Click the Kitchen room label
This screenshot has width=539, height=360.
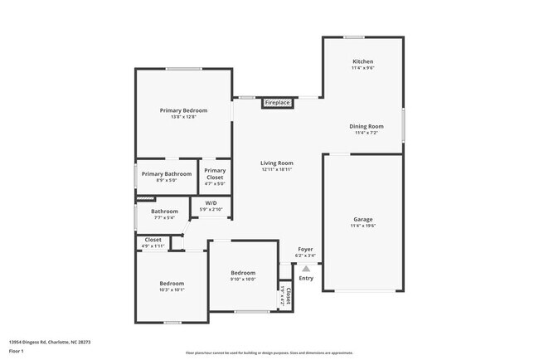pyautogui.click(x=362, y=61)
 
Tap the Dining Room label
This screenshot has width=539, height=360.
pyautogui.click(x=366, y=126)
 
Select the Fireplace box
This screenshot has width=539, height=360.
pyautogui.click(x=277, y=103)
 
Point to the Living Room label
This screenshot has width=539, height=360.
pyautogui.click(x=277, y=163)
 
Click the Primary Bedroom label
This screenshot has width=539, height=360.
pyautogui.click(x=183, y=110)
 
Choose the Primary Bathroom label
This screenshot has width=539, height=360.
pyautogui.click(x=166, y=173)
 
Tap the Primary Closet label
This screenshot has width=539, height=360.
pyautogui.click(x=215, y=174)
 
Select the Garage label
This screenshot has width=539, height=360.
pyautogui.click(x=362, y=219)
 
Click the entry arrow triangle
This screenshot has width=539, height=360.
pyautogui.click(x=306, y=268)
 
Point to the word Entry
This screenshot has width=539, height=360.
pyautogui.click(x=306, y=278)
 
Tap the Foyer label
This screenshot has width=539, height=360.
pyautogui.click(x=306, y=248)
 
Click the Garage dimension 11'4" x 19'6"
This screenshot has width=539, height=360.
pyautogui.click(x=362, y=226)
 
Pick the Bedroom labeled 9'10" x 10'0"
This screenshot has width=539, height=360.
pyautogui.click(x=243, y=273)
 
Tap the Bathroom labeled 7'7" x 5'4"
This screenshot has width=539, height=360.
pyautogui.click(x=164, y=212)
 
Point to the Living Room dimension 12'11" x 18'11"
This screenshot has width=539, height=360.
pyautogui.click(x=277, y=170)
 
